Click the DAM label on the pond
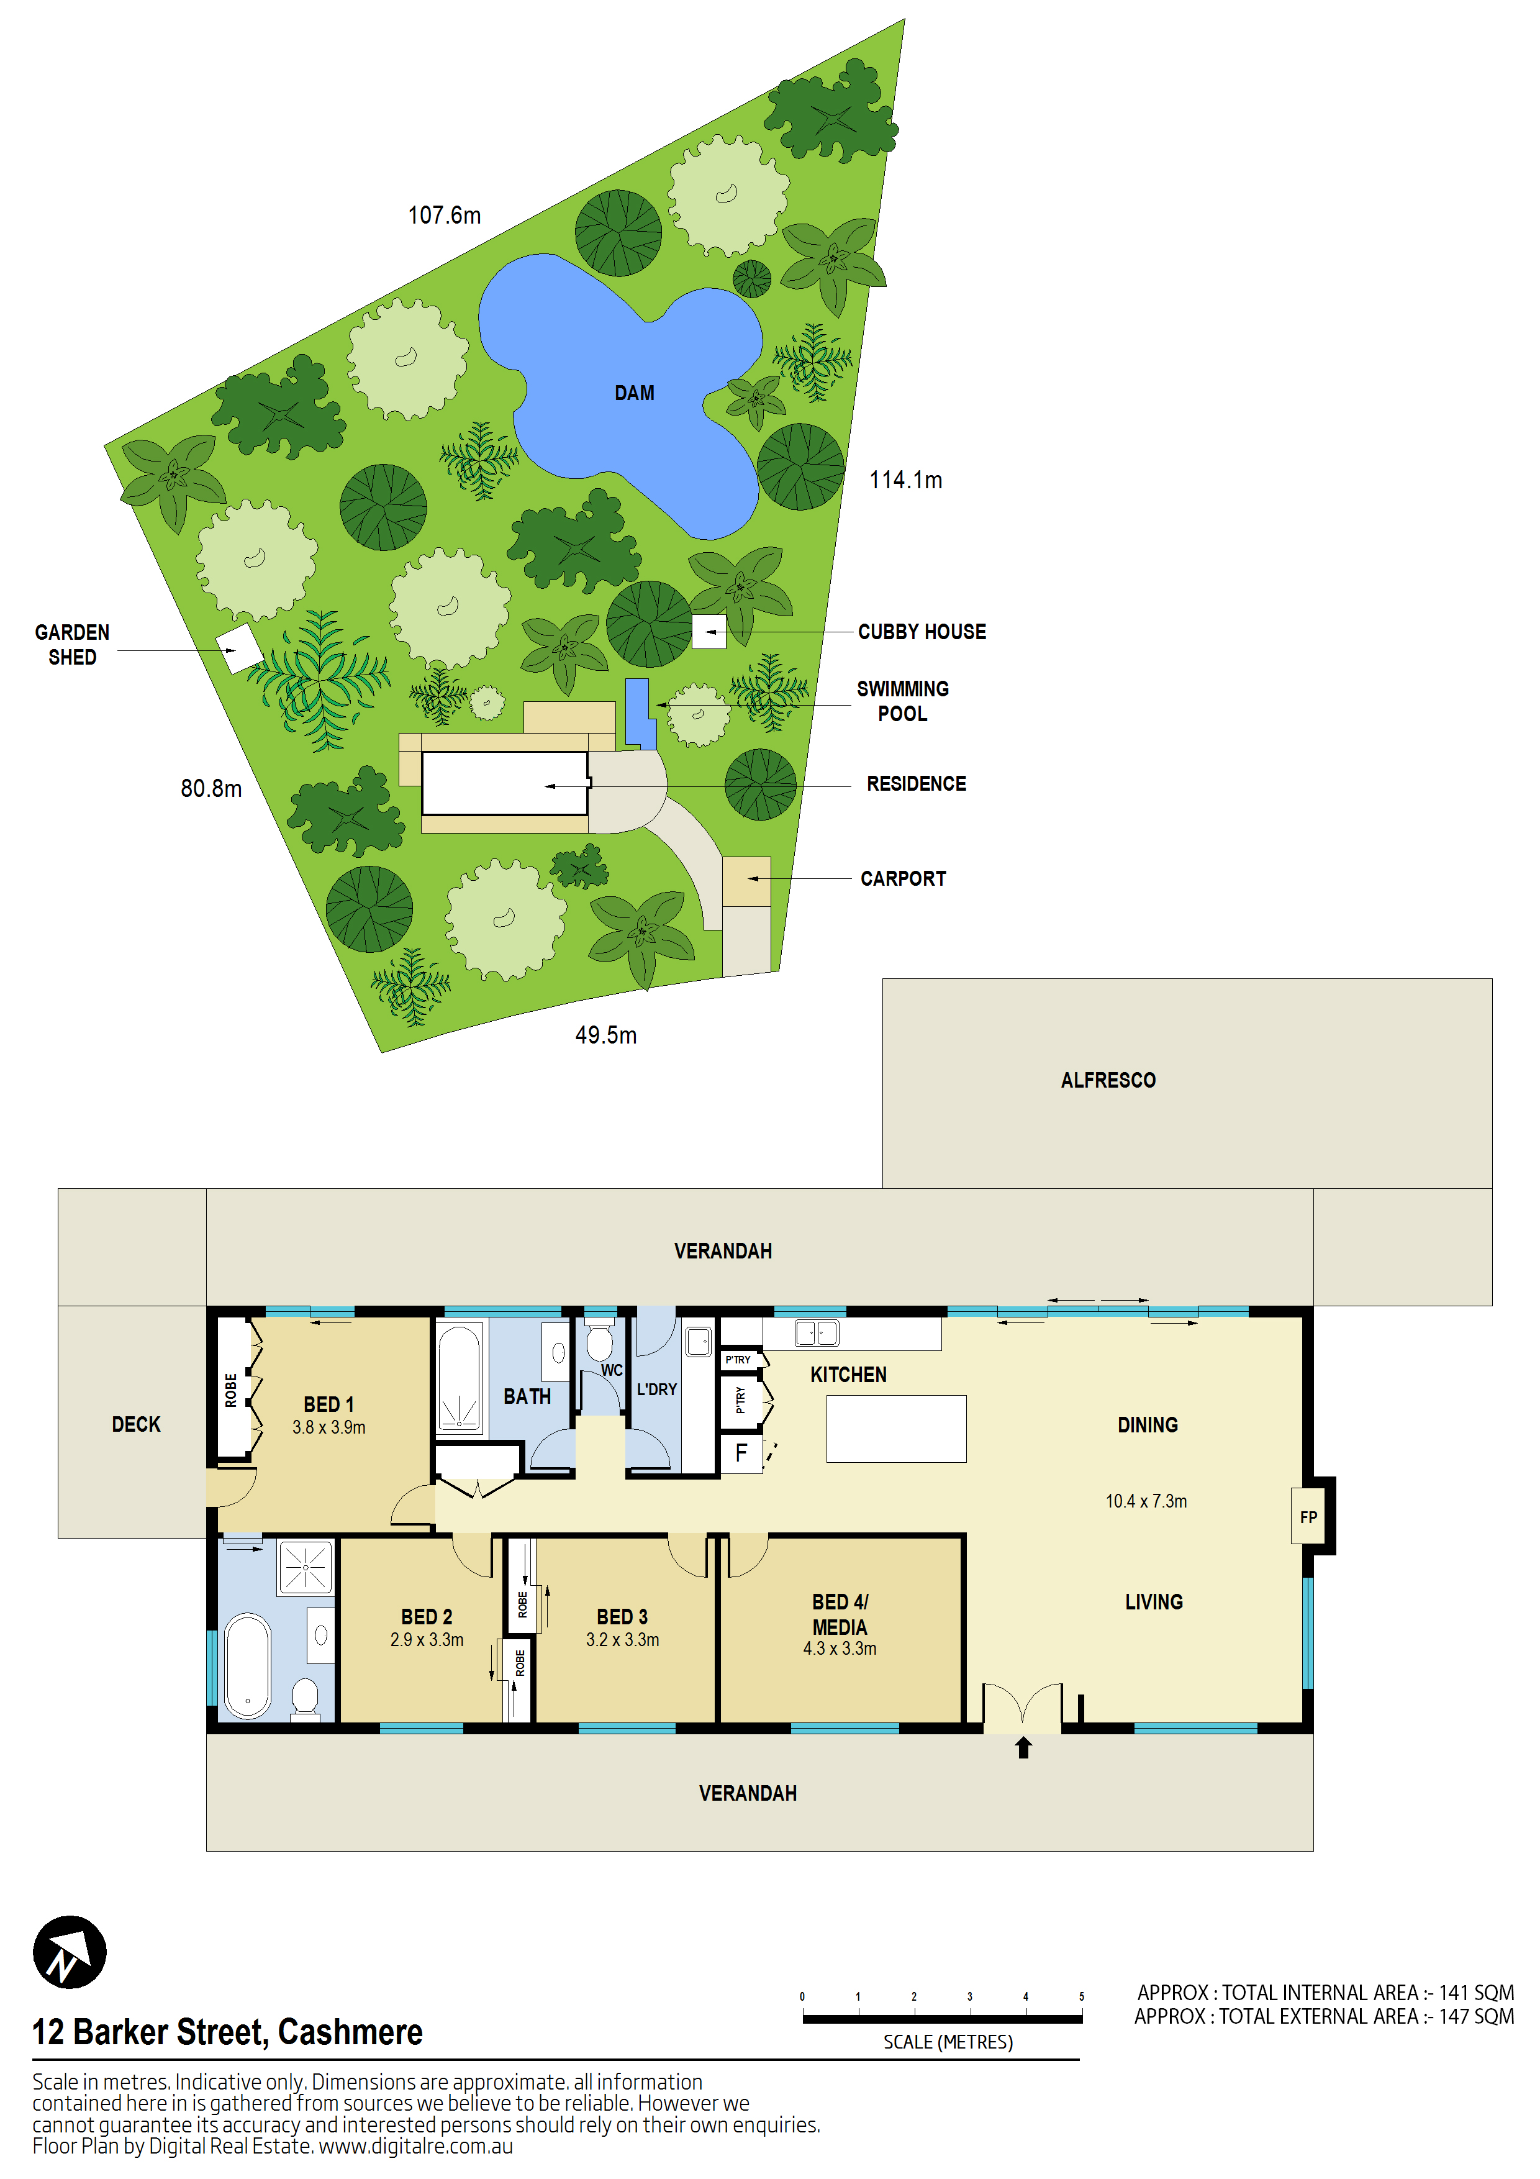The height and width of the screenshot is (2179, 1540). pyautogui.click(x=634, y=393)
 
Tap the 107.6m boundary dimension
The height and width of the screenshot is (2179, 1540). pyautogui.click(x=444, y=216)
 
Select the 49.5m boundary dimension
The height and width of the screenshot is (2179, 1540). pyautogui.click(x=605, y=1035)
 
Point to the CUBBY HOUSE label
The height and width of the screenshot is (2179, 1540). pyautogui.click(x=922, y=632)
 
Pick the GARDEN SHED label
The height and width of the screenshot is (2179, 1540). pyautogui.click(x=72, y=644)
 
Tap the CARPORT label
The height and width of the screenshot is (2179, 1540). pyautogui.click(x=902, y=879)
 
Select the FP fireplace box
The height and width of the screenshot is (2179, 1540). pyautogui.click(x=1308, y=1517)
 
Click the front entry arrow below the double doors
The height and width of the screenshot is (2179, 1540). pyautogui.click(x=1023, y=1747)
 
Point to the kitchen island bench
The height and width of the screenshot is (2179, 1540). pyautogui.click(x=895, y=1428)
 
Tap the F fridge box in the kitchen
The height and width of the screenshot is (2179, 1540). pyautogui.click(x=741, y=1453)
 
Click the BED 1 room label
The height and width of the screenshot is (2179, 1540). pyautogui.click(x=328, y=1404)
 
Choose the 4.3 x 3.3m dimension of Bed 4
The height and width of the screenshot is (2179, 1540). pyautogui.click(x=840, y=1649)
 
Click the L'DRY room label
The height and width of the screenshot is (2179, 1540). pyautogui.click(x=656, y=1390)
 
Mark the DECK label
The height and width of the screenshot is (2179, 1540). pyautogui.click(x=136, y=1424)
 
